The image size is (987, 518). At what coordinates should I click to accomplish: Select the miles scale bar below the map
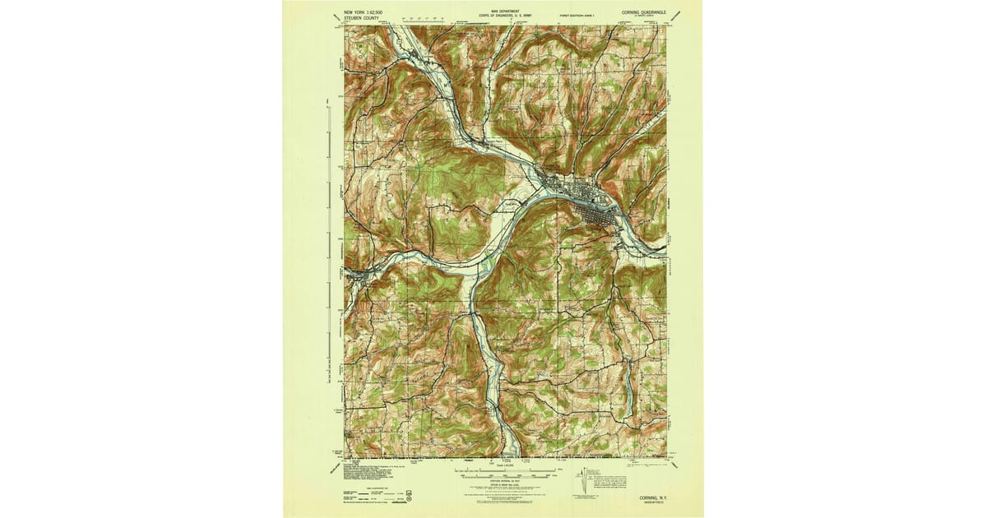[x=503, y=466]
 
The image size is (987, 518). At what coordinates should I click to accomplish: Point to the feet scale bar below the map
[x=503, y=475]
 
